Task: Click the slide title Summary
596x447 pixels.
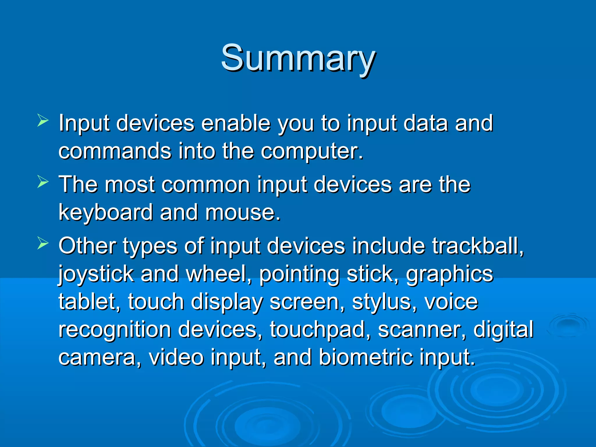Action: coord(298,58)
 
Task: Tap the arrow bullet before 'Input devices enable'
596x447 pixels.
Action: coord(43,120)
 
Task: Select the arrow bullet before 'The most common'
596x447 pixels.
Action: coord(43,182)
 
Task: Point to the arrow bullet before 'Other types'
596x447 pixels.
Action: coord(43,244)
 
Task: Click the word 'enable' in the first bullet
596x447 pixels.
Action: coord(235,123)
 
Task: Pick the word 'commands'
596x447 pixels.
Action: coord(115,151)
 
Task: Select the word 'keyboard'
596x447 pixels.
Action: coord(106,212)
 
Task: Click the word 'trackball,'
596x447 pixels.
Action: coord(478,246)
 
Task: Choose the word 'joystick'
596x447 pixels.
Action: coord(96,275)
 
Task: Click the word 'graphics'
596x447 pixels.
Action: coord(450,275)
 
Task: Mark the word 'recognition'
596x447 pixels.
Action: coord(115,330)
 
